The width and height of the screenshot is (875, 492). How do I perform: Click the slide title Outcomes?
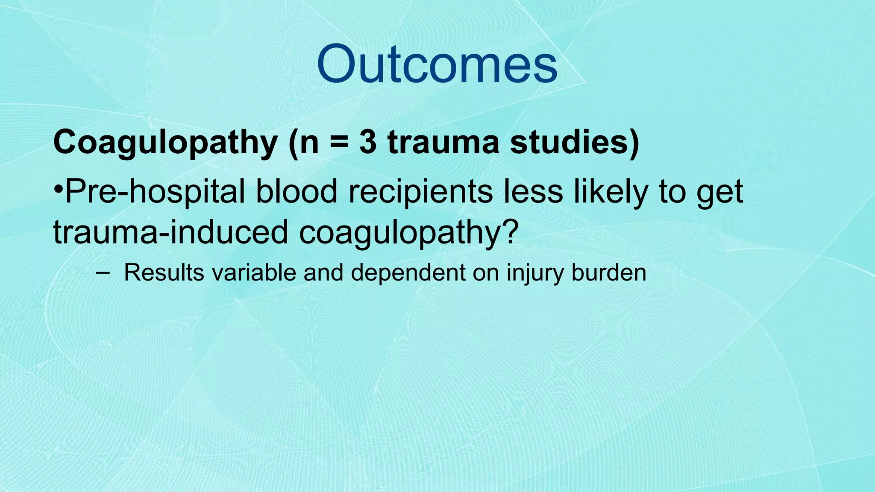point(437,64)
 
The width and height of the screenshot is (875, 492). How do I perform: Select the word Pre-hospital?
point(155,192)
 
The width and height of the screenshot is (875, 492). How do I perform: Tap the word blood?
point(297,191)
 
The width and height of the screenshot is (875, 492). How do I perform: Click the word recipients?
point(421,192)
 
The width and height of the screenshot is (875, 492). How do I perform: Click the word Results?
point(164,272)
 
